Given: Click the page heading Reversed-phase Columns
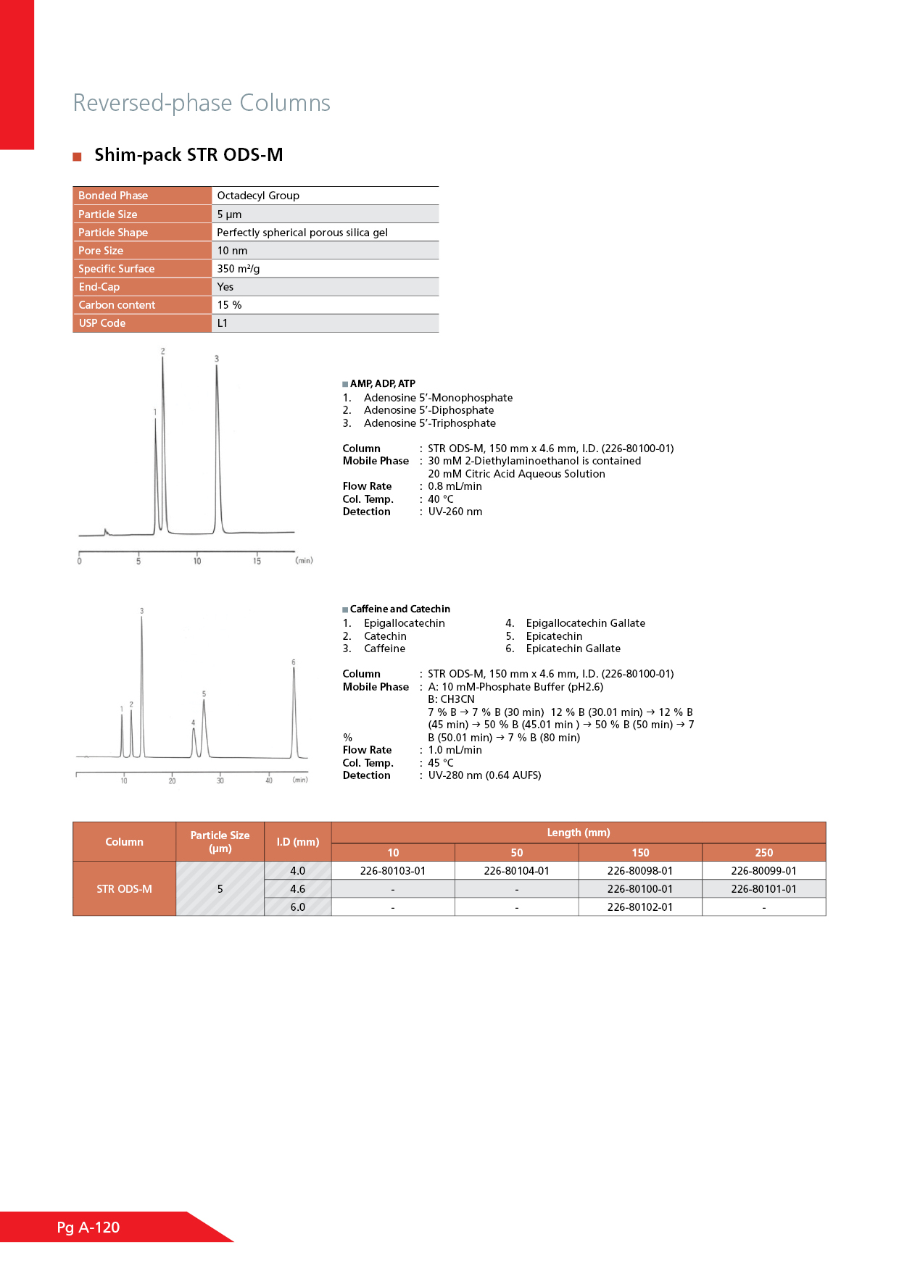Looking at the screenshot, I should pos(202,103).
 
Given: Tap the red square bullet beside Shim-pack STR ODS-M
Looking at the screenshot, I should pos(77,157).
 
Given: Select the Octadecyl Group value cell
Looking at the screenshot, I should pos(258,196).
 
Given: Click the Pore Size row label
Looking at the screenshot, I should pos(101,251).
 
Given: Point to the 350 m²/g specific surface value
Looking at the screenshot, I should pos(239,269).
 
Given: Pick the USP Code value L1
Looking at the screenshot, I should pos(223,323).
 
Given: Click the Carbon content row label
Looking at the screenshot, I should pos(117,305).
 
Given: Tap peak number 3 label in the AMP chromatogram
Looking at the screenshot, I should pos(216,359).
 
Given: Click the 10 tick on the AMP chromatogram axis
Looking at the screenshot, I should pos(197,561).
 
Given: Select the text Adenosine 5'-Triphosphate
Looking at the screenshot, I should pos(430,423).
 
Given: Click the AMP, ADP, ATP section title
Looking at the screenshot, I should pos(382,383).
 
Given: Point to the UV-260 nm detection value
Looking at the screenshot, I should pos(455,512).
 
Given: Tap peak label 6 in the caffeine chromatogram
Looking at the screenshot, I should pos(294,662).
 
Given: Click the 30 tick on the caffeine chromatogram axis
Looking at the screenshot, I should pos(220,780).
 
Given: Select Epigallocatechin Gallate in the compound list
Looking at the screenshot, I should pos(585,623).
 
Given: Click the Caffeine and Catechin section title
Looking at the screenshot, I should pos(399,609).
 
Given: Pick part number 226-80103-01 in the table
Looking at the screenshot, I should pos(393,871).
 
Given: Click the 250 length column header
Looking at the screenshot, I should pos(763,853).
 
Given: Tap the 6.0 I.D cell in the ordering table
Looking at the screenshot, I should pos(298,907).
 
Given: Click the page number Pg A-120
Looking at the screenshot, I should pos(88,1228).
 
